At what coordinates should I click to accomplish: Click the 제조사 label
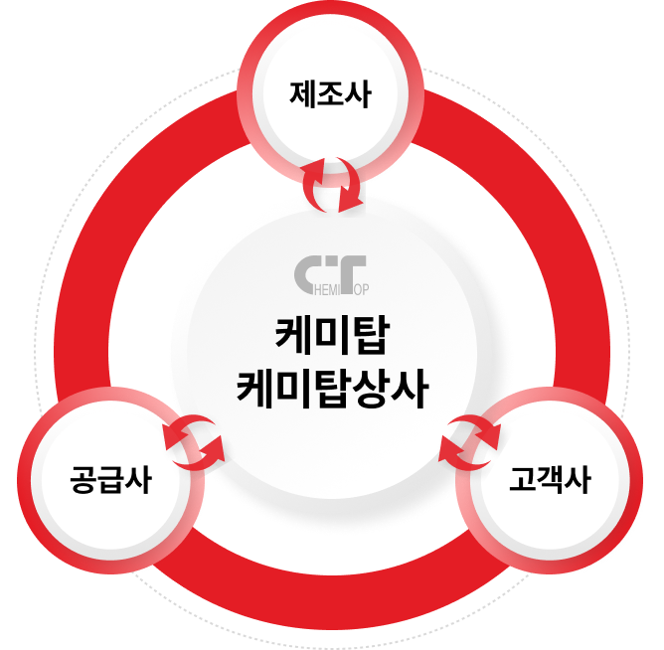pos(331,95)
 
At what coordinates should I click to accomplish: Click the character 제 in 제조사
pos(303,95)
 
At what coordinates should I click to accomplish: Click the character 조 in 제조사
pos(331,95)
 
